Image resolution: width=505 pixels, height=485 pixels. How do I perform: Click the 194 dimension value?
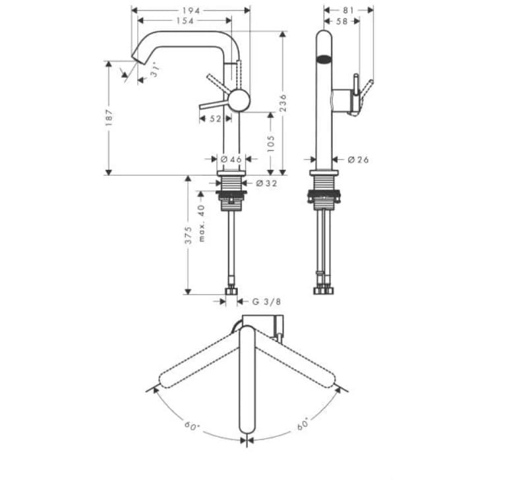[x=191, y=11]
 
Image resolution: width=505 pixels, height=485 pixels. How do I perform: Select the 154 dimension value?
[x=185, y=21]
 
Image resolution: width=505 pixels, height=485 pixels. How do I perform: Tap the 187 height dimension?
[x=109, y=117]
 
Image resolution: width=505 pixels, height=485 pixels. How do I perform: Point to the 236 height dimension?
[x=283, y=102]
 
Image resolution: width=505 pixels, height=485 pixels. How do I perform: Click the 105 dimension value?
[x=270, y=143]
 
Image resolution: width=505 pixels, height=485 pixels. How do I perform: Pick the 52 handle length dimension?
[x=215, y=119]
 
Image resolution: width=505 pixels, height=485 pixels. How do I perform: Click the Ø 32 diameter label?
[x=266, y=183]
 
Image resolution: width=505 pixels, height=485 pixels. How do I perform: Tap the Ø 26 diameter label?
[x=358, y=159]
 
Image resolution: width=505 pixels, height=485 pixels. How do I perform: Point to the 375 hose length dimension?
[x=189, y=235]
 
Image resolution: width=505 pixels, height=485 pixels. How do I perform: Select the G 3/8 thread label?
[x=267, y=302]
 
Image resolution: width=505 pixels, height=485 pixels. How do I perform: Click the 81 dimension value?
[x=349, y=11]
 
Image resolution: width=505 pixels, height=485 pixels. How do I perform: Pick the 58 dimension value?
[x=342, y=21]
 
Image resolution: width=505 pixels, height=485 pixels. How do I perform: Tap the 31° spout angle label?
[x=154, y=70]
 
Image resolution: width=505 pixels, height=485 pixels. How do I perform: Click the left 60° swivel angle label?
[x=192, y=426]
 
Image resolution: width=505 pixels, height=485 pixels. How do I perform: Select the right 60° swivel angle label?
[x=303, y=426]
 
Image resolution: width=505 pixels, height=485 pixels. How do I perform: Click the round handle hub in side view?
[x=239, y=101]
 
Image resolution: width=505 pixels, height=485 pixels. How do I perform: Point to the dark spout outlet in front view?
[x=324, y=59]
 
